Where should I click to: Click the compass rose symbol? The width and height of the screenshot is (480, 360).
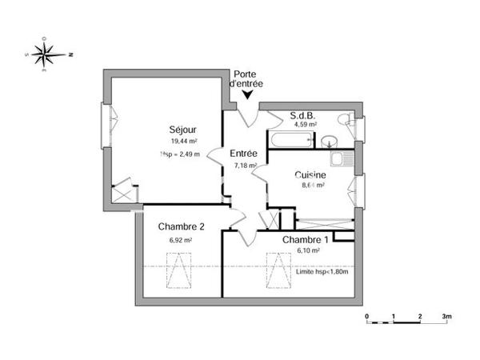tap(49, 54)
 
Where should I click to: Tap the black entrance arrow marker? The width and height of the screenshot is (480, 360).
tap(248, 95)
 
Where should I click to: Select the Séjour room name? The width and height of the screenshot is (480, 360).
tap(182, 130)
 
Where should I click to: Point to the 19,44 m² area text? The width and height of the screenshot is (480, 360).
tap(182, 141)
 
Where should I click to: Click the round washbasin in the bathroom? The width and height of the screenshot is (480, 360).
tap(329, 142)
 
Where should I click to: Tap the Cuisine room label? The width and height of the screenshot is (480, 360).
tap(310, 175)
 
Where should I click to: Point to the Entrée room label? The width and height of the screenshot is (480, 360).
tap(243, 154)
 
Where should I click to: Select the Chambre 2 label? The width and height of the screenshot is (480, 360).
tap(181, 227)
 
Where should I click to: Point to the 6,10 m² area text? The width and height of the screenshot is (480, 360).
tap(309, 250)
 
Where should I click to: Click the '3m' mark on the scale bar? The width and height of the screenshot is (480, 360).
tap(446, 318)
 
